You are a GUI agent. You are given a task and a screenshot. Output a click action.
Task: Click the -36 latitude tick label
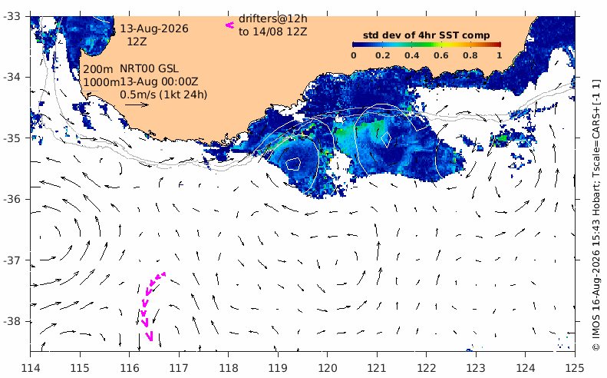[x=12, y=199]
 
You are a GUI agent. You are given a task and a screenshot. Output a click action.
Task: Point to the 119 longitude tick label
[x=278, y=367]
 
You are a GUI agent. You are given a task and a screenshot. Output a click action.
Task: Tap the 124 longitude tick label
[x=526, y=367]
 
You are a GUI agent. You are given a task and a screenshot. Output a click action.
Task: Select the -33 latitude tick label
[x=12, y=16]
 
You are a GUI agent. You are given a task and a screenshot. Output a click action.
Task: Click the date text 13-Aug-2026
[x=154, y=28]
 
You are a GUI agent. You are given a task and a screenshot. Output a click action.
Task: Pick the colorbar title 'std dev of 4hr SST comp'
[x=426, y=35]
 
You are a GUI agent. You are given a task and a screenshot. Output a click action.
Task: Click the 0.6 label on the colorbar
[x=441, y=55]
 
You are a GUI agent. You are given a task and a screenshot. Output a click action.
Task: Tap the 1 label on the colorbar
[x=500, y=55]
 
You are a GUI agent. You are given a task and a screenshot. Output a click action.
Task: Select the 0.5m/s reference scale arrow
[x=137, y=104]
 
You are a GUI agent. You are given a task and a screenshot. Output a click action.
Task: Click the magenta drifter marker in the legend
[x=230, y=25]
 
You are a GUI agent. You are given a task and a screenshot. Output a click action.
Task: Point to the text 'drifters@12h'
[x=273, y=18]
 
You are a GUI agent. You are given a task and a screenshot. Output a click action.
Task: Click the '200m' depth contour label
[x=98, y=69]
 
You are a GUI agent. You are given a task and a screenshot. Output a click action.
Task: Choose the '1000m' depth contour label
[x=101, y=82]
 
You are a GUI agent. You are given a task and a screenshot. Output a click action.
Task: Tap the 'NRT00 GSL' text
[x=149, y=68]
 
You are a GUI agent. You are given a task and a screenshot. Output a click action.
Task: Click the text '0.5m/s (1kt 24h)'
[x=163, y=94]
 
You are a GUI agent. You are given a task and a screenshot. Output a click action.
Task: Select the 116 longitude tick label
[x=129, y=367]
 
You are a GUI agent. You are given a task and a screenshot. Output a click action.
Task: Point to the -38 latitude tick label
[x=12, y=321]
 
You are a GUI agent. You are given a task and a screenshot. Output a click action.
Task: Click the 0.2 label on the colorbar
[x=382, y=55]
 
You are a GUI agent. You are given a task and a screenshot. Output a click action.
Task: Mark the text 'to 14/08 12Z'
[x=273, y=31]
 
